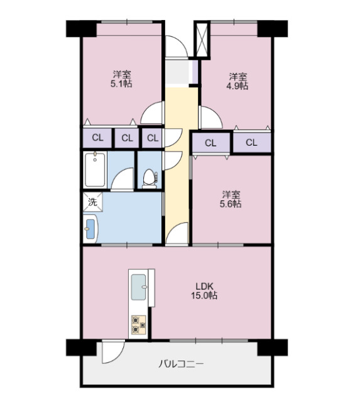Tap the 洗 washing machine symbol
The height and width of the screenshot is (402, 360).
[x=92, y=202]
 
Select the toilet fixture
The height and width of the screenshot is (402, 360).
[x=149, y=178]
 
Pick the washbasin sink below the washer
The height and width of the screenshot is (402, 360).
[x=89, y=229]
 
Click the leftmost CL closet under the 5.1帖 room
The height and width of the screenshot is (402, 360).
[x=97, y=138]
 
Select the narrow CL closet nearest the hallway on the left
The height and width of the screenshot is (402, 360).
[x=151, y=138]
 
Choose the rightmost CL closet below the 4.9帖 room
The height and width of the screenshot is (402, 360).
[x=251, y=143]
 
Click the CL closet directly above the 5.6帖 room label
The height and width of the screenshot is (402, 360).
[x=210, y=143]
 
